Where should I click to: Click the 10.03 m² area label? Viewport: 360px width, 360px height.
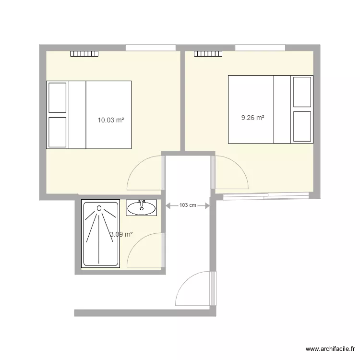(111, 120)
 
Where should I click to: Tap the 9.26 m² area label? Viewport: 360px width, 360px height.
(253, 117)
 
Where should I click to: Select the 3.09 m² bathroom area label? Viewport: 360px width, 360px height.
(121, 234)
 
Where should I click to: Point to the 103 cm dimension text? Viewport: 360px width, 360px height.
(188, 205)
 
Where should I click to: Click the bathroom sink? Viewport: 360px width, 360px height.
(142, 208)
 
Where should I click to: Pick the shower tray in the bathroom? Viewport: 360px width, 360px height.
(100, 233)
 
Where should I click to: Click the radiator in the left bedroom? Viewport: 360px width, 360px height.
(84, 54)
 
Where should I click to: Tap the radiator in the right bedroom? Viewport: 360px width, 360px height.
(208, 54)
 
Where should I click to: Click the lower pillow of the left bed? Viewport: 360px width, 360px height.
(57, 132)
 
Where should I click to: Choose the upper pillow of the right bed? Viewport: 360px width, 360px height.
(302, 92)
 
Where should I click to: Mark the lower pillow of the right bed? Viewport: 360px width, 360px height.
(302, 127)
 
